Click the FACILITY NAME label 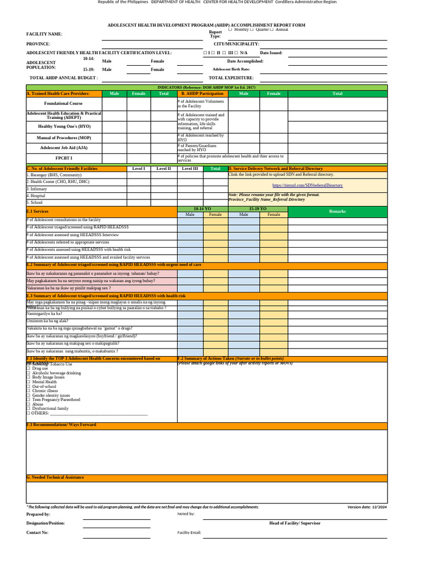(44, 34)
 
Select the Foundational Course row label (64, 103)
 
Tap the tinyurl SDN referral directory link (308, 185)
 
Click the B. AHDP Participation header (202, 94)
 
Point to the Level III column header (190, 169)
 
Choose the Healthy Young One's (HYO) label (64, 126)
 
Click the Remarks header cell (337, 211)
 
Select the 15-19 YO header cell (258, 209)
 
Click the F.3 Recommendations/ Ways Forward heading (61, 425)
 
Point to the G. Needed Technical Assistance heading (55, 477)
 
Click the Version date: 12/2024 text (367, 507)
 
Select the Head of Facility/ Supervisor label (295, 523)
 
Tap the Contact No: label (37, 532)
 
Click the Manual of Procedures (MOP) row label (64, 138)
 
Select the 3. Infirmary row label (37, 189)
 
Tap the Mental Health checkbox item (44, 382)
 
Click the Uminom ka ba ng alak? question (48, 320)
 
